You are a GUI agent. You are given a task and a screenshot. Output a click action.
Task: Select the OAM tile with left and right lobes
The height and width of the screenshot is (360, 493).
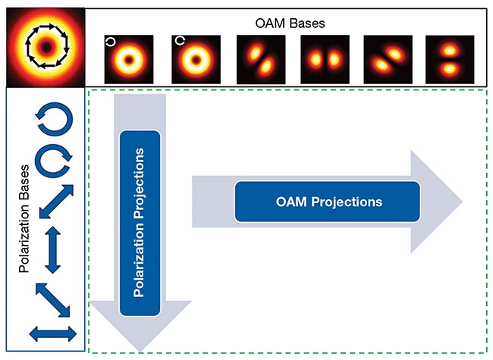point(324,58)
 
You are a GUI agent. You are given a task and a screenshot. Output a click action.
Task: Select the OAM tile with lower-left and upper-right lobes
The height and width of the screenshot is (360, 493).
point(260,58)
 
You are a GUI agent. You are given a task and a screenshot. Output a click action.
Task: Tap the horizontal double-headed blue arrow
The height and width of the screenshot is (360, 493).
point(53,332)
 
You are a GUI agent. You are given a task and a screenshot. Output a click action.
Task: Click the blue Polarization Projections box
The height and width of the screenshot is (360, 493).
point(141,222)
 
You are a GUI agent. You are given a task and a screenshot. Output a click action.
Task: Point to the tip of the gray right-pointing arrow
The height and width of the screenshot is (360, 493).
point(460,201)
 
